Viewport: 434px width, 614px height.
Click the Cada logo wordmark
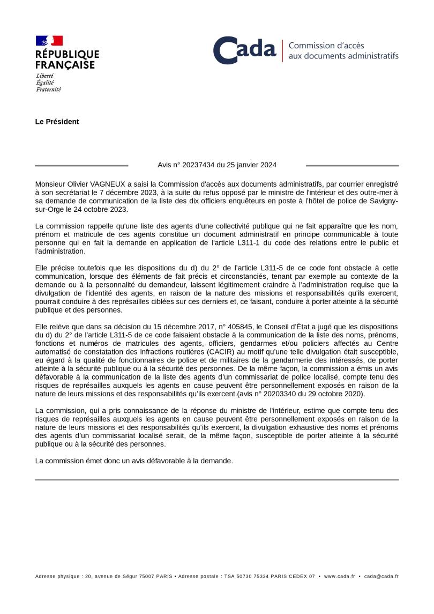click(245, 50)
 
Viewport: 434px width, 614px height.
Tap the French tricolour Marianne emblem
click(49, 41)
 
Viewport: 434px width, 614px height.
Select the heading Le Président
click(57, 122)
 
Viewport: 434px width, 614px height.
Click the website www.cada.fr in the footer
click(340, 576)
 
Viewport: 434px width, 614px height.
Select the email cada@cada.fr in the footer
click(381, 576)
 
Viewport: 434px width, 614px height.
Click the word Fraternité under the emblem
click(48, 90)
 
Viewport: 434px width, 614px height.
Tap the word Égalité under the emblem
click(45, 83)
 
